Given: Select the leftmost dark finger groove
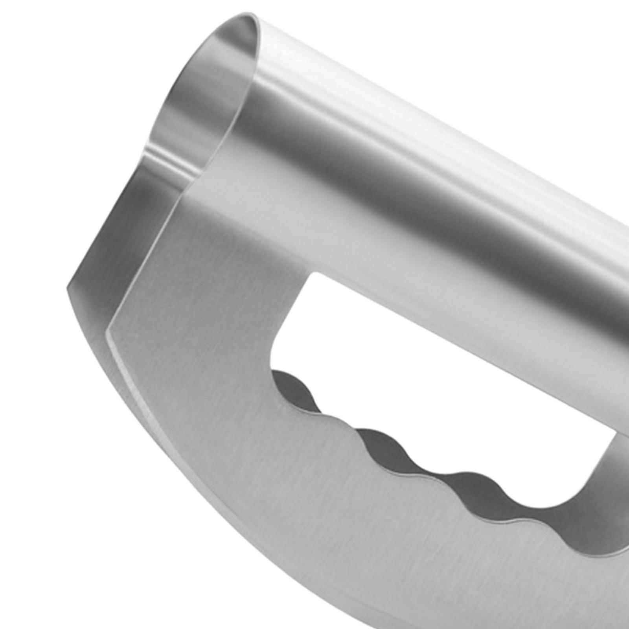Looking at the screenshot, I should [291, 387].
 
